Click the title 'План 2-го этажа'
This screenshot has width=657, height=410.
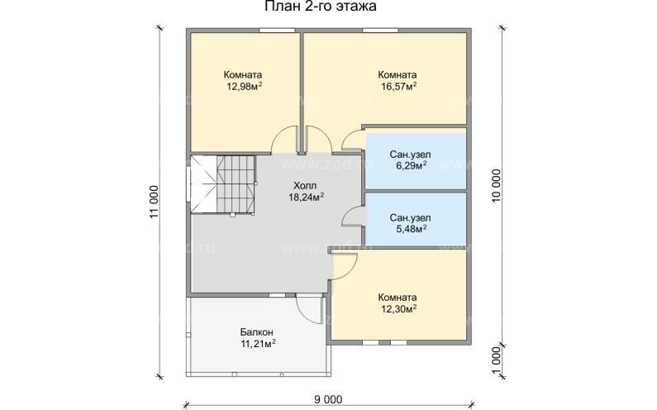(320, 8)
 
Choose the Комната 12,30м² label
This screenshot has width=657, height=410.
(397, 303)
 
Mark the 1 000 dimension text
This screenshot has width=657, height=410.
(496, 360)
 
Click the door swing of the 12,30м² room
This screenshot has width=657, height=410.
(344, 265)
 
